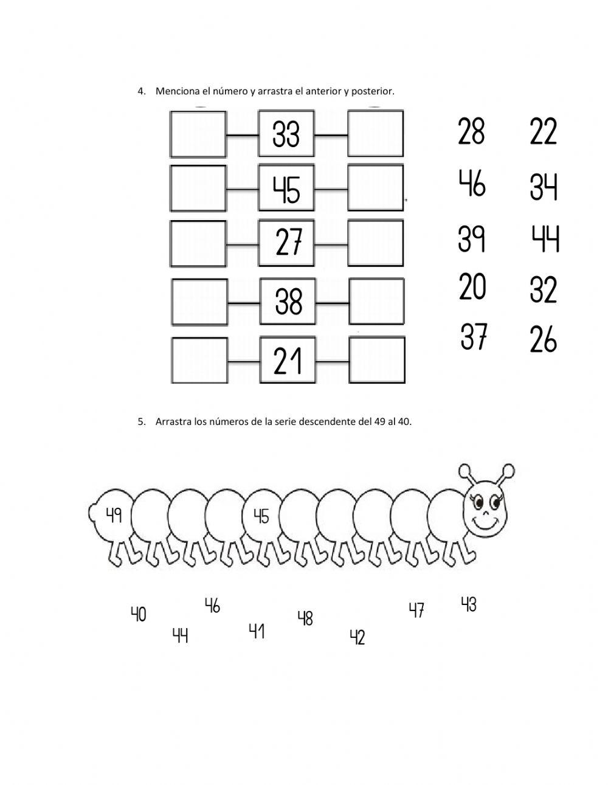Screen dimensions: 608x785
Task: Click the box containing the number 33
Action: (286, 133)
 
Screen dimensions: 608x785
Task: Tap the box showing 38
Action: (288, 301)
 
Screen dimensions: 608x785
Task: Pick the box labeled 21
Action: (288, 360)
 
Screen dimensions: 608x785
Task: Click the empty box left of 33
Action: (198, 134)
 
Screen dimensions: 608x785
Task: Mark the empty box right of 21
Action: (377, 360)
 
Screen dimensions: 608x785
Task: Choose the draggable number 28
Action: (471, 131)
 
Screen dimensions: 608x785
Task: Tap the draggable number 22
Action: (543, 131)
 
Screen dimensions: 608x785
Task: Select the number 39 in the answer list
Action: (472, 238)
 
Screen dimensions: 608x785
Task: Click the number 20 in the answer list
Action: (472, 287)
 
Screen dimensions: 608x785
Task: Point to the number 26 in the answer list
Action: (543, 339)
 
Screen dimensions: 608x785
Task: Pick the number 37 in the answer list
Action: (474, 336)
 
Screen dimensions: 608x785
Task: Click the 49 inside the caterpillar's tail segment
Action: (114, 515)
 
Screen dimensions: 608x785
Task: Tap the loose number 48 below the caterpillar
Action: (305, 618)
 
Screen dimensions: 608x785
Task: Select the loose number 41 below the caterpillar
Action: (257, 631)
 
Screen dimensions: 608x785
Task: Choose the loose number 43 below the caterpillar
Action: (469, 604)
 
